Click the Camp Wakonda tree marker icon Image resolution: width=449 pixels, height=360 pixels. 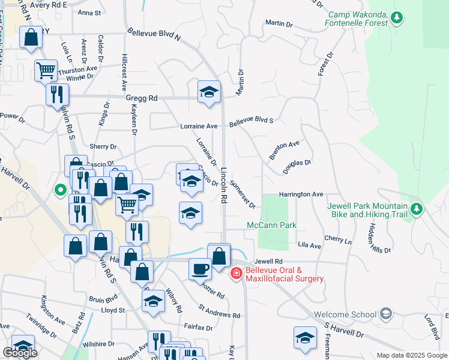(396, 19)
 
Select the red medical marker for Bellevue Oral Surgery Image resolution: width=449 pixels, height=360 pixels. (237, 274)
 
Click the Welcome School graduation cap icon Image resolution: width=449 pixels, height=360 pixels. (386, 314)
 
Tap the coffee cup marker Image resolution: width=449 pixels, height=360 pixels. (200, 269)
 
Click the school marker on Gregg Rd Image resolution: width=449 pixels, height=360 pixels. (209, 92)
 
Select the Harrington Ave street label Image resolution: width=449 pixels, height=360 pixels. (301, 194)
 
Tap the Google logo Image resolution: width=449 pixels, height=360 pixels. (20, 353)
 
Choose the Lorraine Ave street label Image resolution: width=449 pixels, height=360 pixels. (199, 127)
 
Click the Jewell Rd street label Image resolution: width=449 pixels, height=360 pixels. (268, 262)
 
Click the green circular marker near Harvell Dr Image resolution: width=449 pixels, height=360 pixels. (60, 190)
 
